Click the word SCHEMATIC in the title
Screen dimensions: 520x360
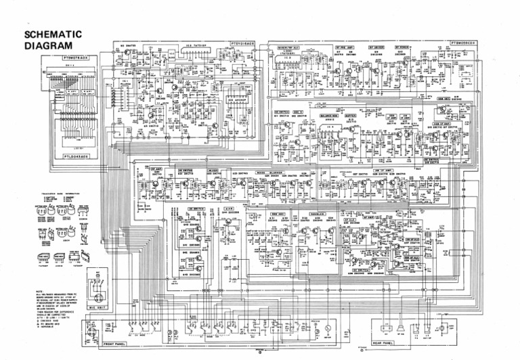click(53, 35)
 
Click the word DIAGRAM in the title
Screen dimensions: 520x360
click(47, 46)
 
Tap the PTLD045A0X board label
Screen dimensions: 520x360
click(75, 156)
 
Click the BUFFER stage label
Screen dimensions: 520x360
click(350, 116)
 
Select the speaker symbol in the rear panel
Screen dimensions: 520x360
click(402, 330)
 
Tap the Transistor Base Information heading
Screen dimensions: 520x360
click(53, 193)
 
